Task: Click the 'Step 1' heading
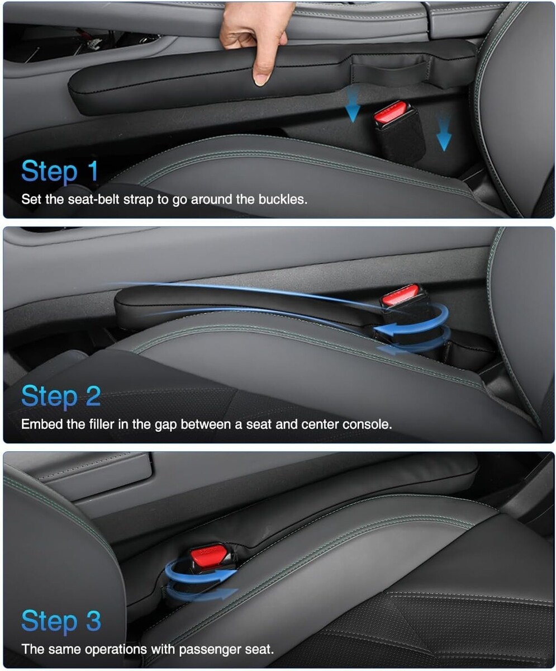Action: (x=60, y=172)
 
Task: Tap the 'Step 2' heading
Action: (x=61, y=396)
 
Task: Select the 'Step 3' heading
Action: (x=61, y=621)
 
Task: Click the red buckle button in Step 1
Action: (x=390, y=111)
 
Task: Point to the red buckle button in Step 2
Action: (x=400, y=295)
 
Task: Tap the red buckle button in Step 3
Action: (x=207, y=555)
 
